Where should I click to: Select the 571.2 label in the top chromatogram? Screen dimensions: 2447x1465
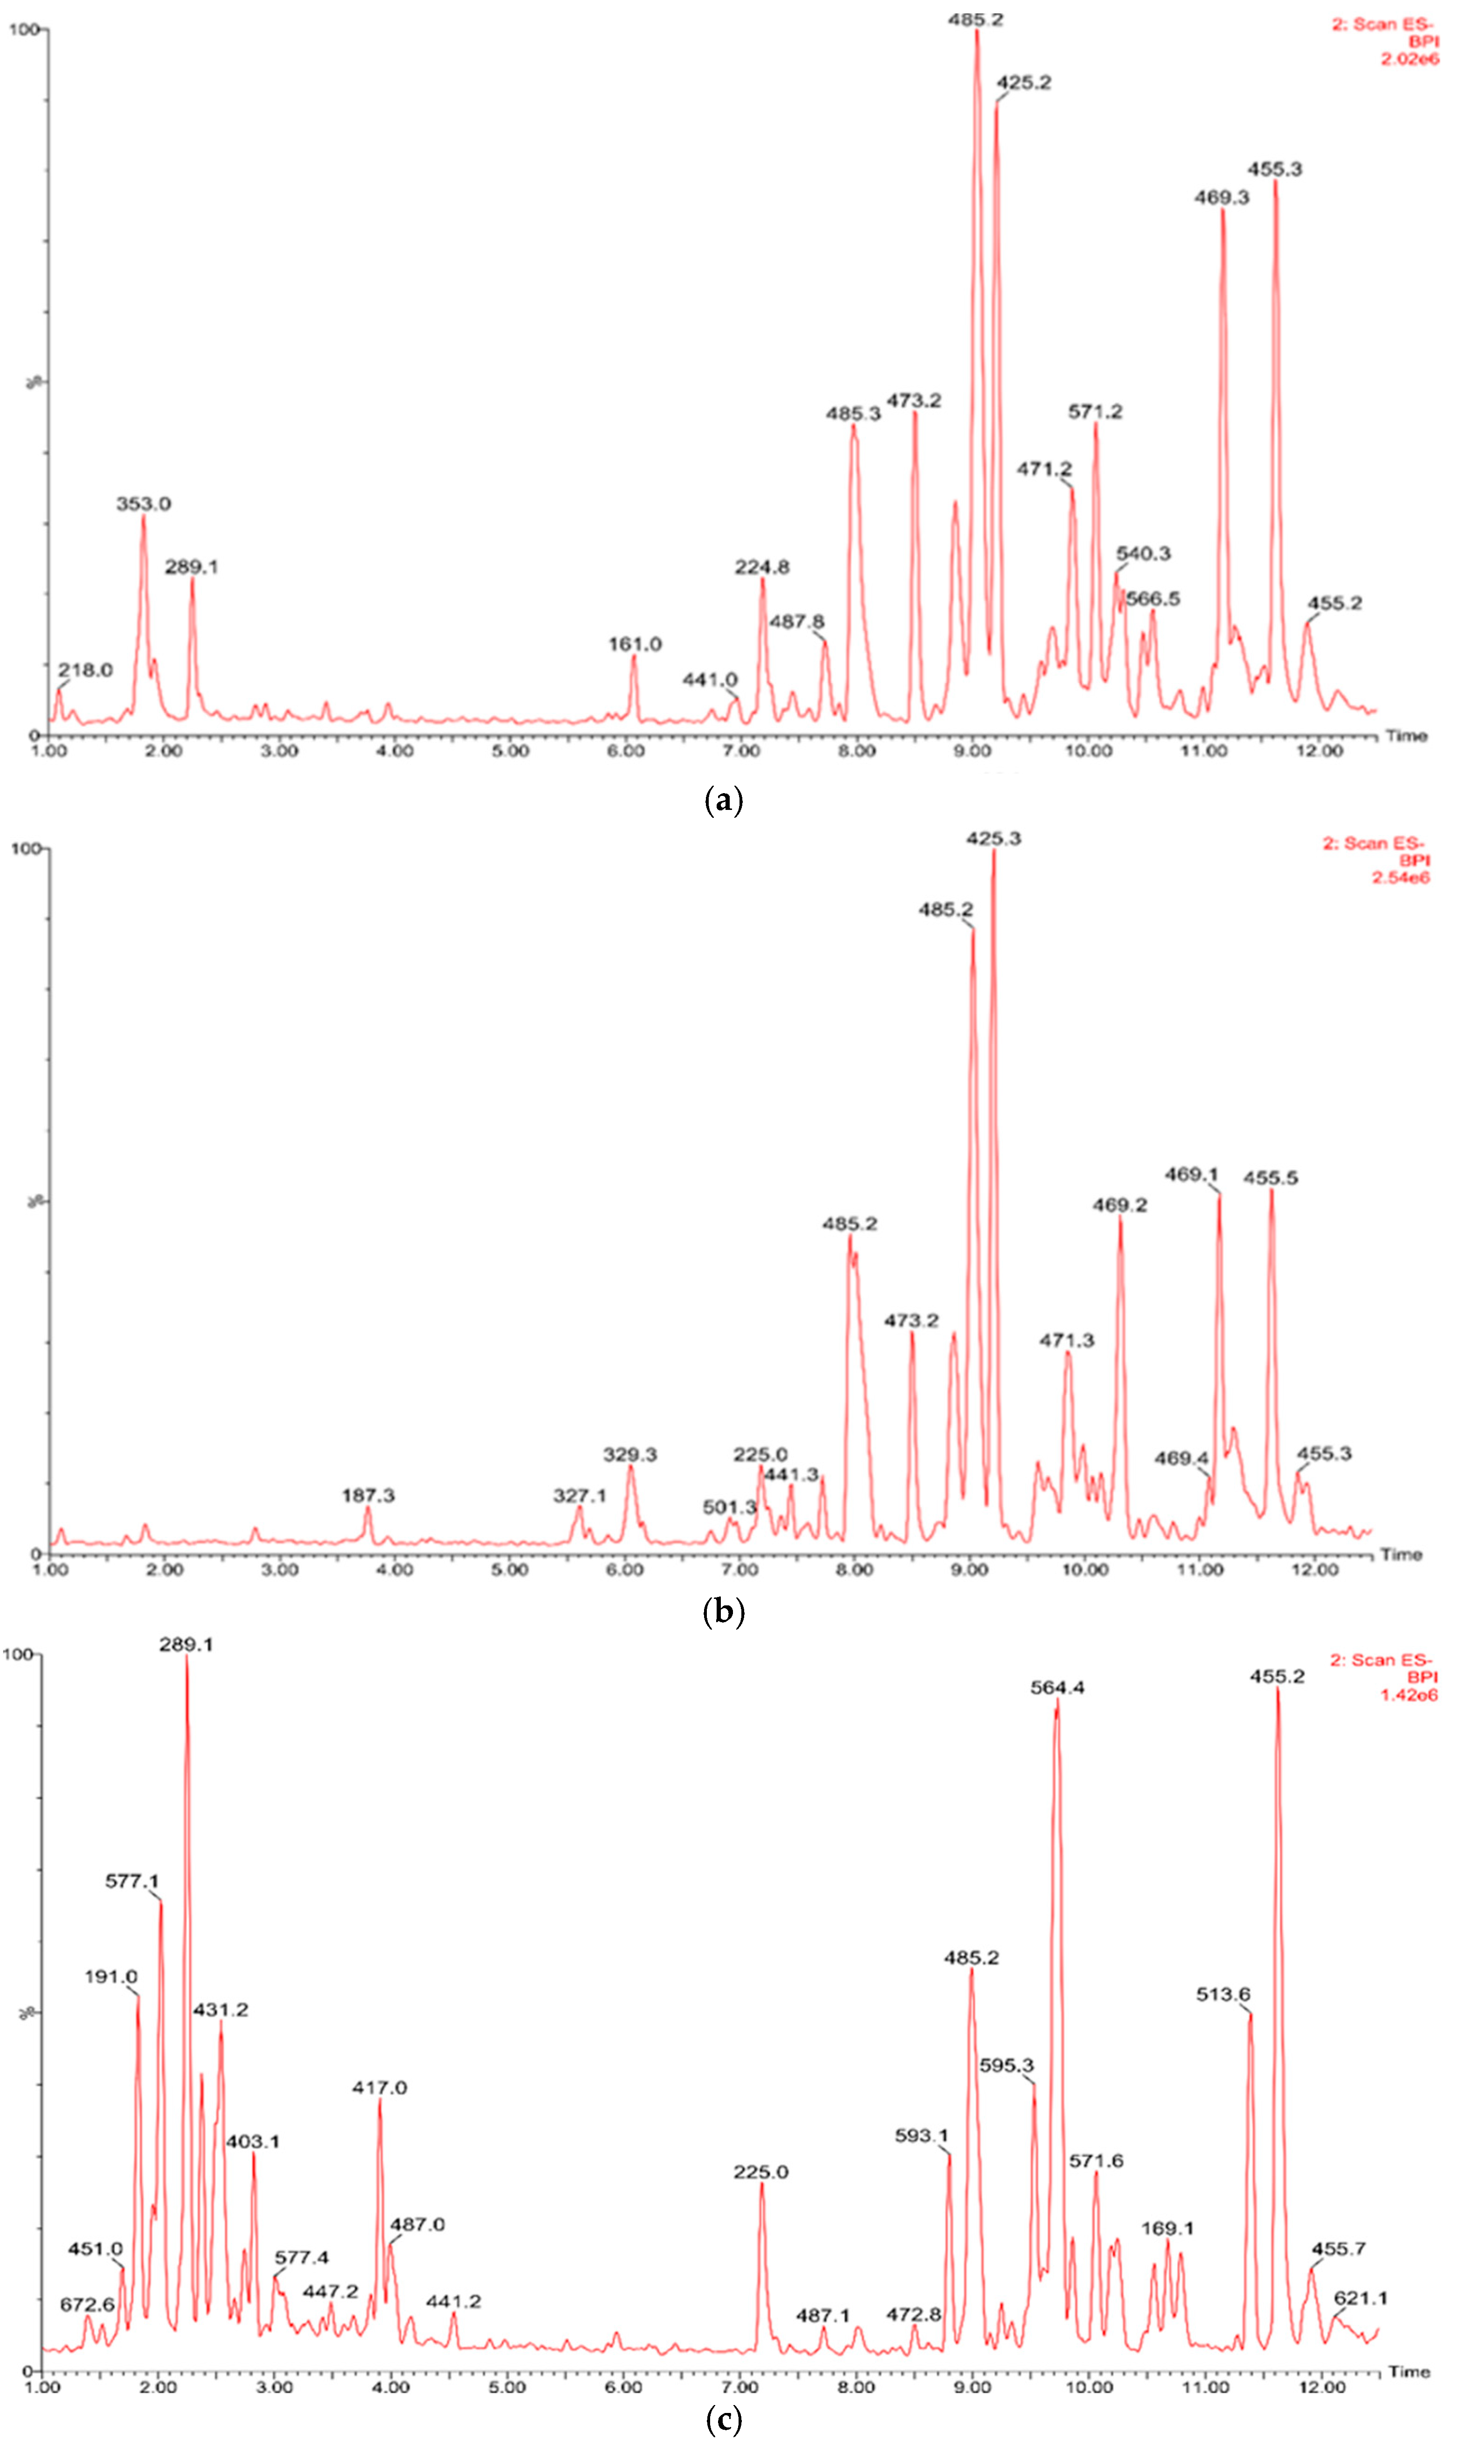[x=1095, y=412]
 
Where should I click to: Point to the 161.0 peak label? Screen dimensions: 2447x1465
[x=634, y=644]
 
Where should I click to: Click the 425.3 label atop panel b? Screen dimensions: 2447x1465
[x=993, y=839]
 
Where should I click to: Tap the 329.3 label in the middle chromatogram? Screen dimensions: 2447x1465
[x=630, y=1455]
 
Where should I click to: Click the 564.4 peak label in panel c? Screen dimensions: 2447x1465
[x=1057, y=1688]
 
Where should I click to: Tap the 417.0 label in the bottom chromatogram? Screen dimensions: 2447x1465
[x=379, y=2088]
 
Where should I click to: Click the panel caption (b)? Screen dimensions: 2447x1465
[x=723, y=1612]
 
